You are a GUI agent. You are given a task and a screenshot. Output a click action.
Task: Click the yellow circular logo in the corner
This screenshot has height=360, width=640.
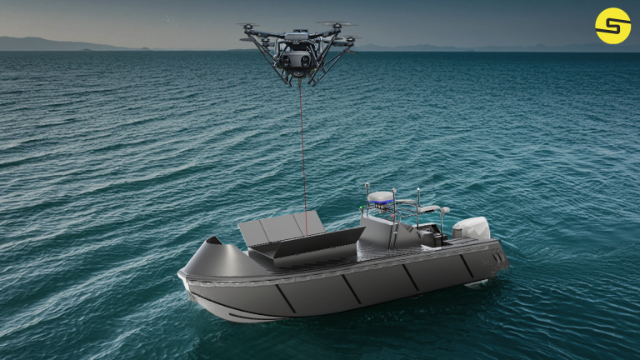point(612,26)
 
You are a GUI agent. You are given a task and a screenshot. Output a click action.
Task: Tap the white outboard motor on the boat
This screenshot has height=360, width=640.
point(472,228)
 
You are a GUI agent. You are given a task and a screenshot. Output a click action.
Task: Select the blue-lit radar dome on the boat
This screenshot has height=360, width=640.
point(382,197)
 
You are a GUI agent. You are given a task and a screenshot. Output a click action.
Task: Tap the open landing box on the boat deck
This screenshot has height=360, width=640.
point(307,247)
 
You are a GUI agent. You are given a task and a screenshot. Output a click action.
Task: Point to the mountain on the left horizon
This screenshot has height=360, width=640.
point(33,42)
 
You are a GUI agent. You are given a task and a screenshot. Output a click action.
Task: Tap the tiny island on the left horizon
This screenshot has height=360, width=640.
point(88,49)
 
